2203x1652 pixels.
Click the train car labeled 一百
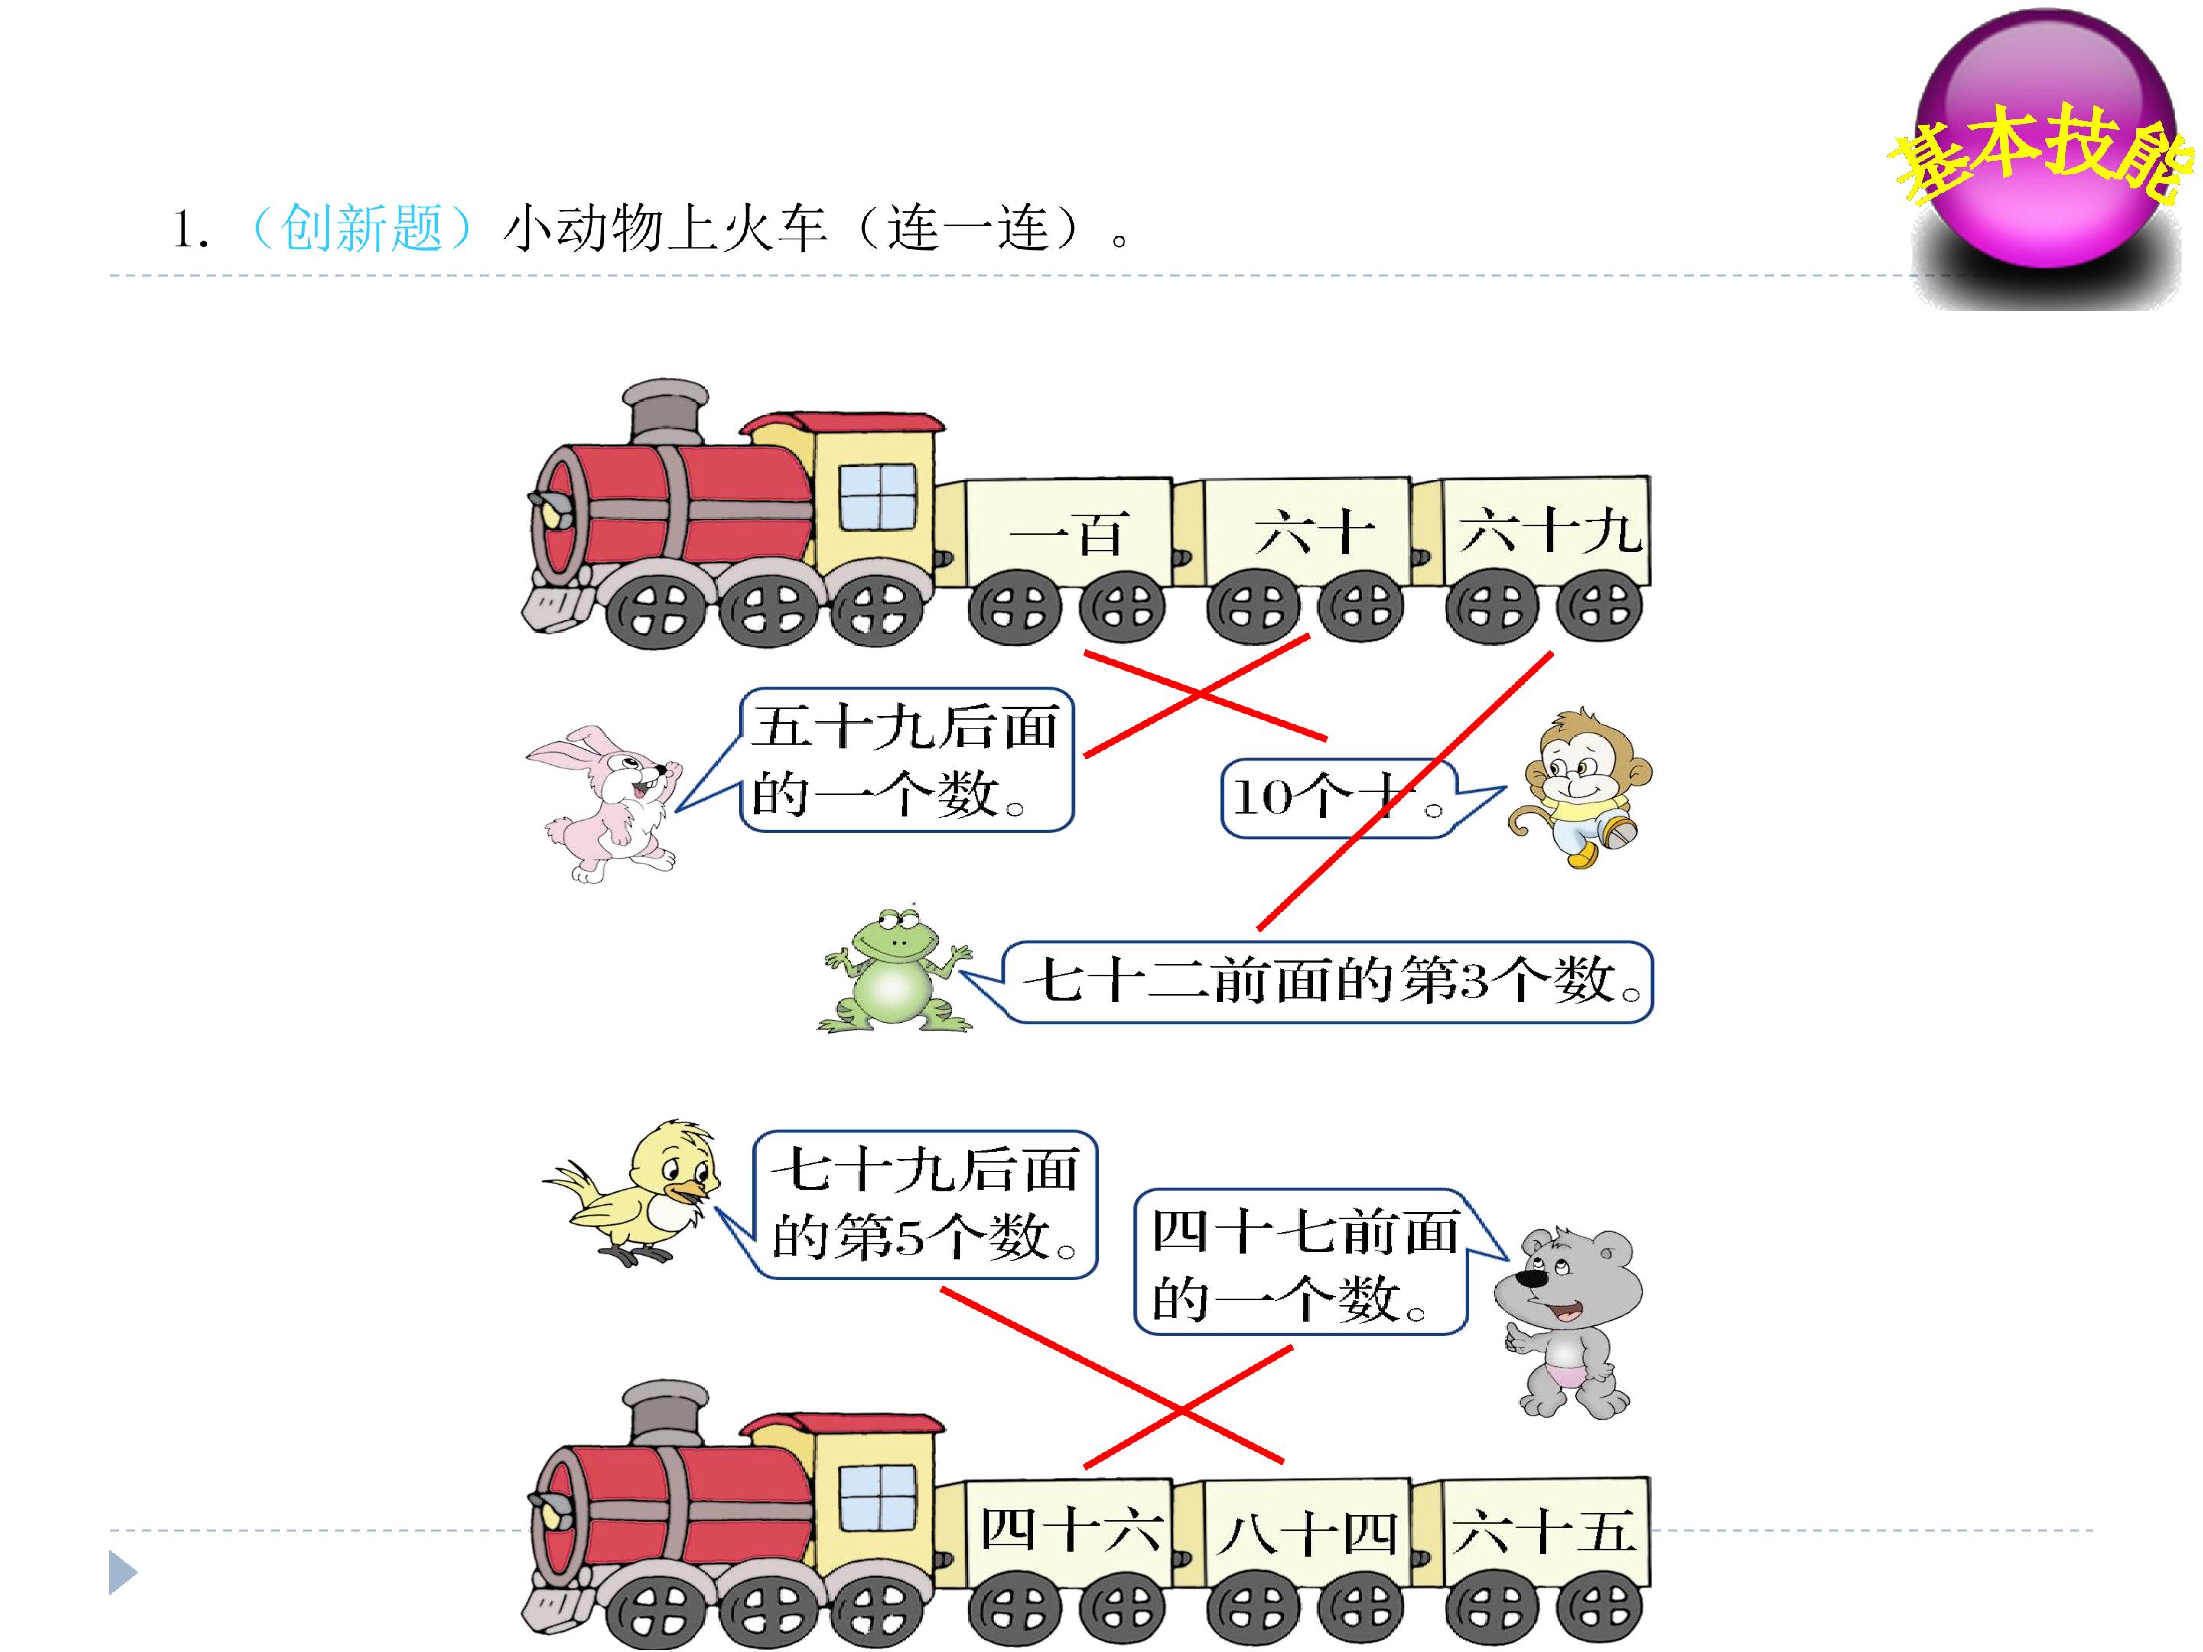tap(1068, 558)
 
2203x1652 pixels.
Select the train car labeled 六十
tap(1307, 558)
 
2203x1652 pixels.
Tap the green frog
tap(894, 970)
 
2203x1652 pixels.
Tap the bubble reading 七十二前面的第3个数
tap(1310, 982)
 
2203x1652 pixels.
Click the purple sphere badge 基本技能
tap(2048, 149)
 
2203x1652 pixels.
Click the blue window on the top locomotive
tap(877, 497)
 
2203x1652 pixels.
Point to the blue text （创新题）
tap(360, 229)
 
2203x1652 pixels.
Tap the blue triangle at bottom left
tap(122, 1573)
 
